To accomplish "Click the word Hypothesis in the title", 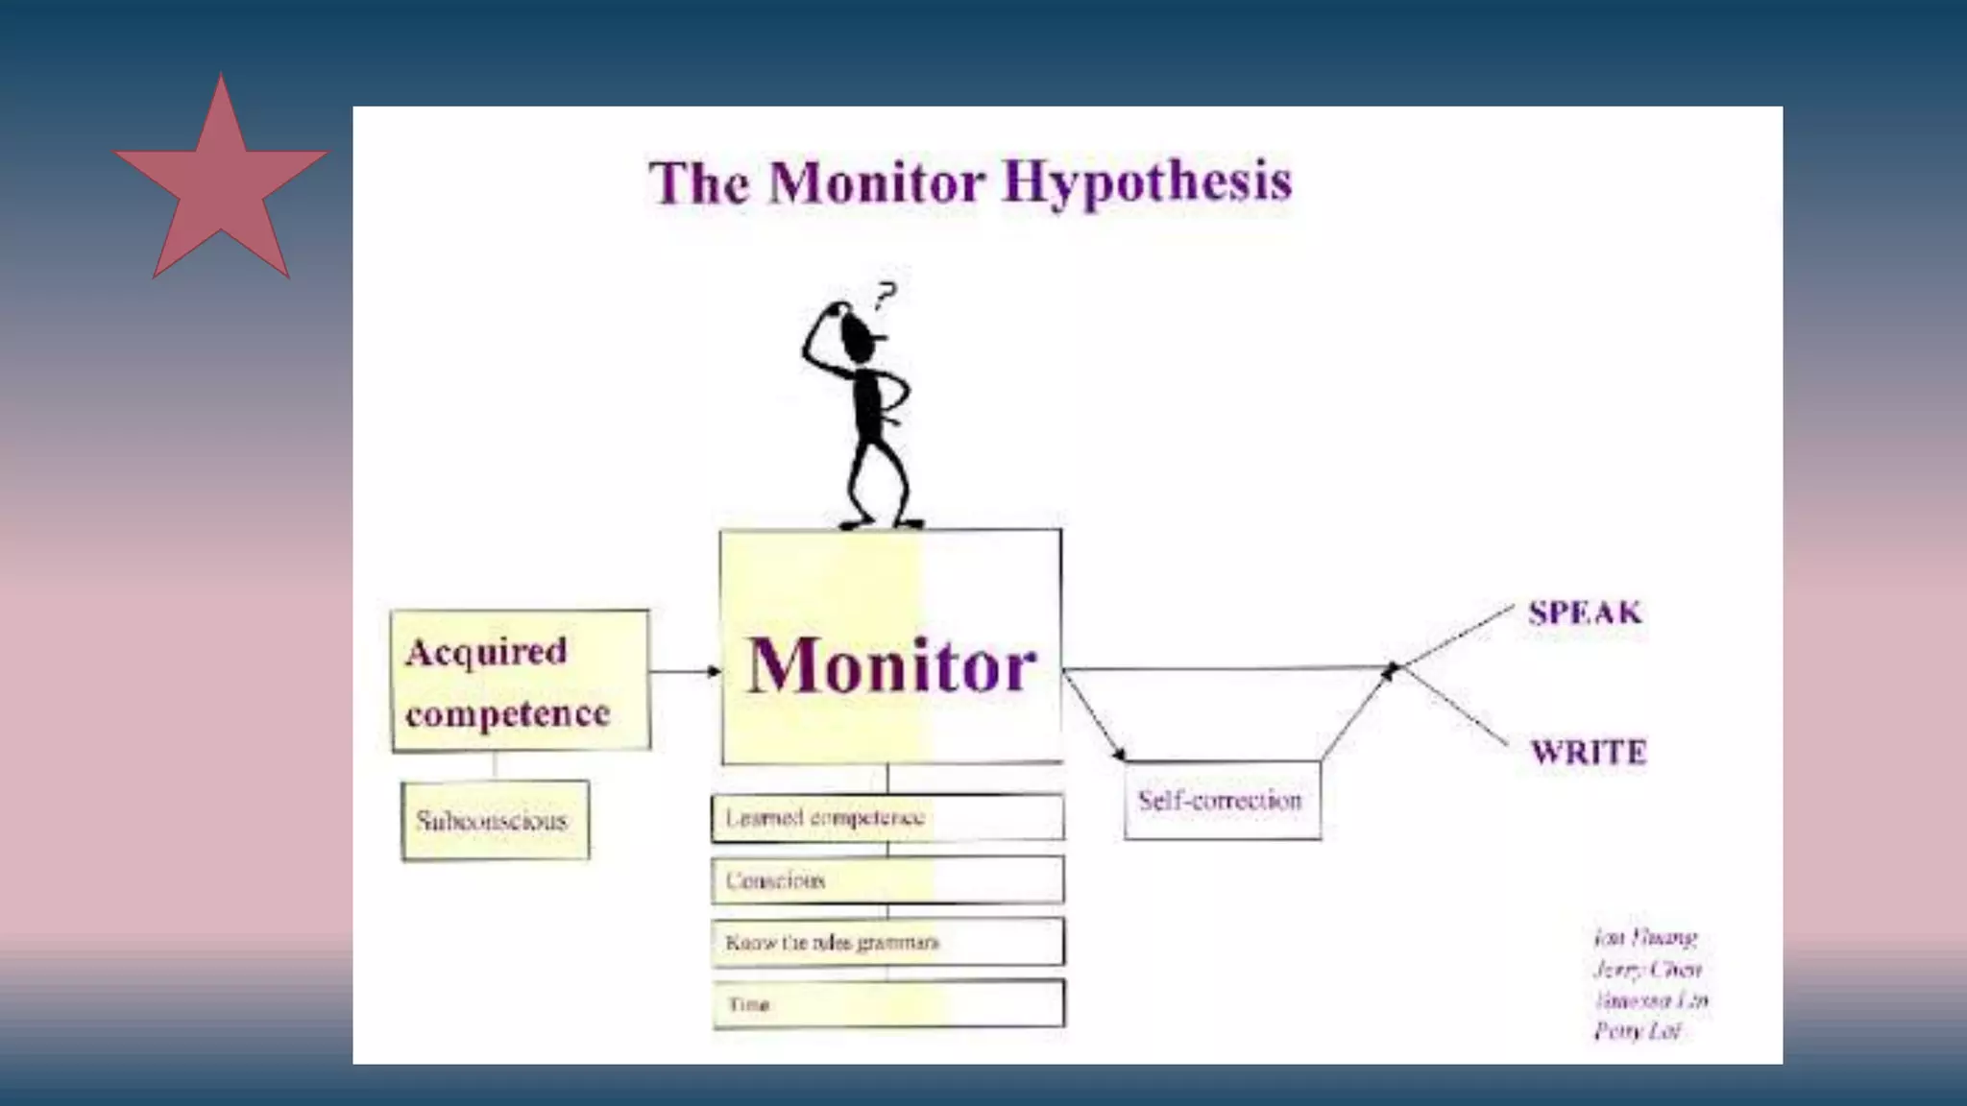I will point(1148,182).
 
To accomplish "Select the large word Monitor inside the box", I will point(892,664).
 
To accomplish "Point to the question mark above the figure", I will point(886,294).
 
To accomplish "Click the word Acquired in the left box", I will point(486,652).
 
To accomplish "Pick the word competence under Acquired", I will point(507,713).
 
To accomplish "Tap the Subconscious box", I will point(495,821).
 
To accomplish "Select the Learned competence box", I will point(887,818).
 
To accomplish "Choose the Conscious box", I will point(887,880).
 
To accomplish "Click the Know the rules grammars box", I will point(887,943).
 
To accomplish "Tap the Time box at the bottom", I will point(887,1004).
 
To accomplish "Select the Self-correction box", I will point(1222,801).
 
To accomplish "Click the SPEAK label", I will point(1585,613).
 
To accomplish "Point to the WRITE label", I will point(1588,752).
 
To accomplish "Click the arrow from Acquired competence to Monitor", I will point(684,671).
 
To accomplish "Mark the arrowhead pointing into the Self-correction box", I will point(1119,755).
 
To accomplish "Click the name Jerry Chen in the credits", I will point(1646,969).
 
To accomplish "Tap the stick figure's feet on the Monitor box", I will point(881,523).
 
